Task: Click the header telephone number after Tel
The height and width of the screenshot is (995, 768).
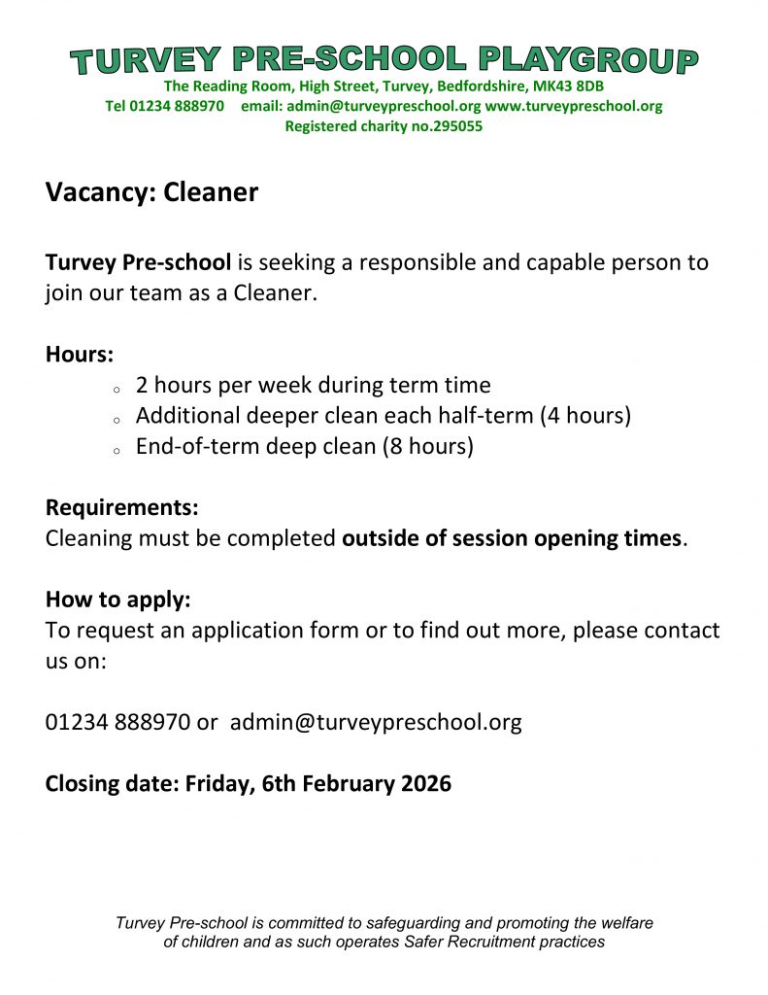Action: [178, 107]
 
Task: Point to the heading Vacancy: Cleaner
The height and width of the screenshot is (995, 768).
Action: [151, 192]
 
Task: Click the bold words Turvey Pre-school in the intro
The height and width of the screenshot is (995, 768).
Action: [138, 262]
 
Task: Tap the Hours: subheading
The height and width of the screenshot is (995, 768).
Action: [80, 354]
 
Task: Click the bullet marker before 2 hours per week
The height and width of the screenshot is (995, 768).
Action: [116, 390]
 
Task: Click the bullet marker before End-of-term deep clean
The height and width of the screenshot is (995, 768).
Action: [116, 452]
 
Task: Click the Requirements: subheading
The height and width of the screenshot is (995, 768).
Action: [121, 507]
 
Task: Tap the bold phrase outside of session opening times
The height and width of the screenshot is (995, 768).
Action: [512, 538]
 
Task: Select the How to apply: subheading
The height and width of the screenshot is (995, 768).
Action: [117, 600]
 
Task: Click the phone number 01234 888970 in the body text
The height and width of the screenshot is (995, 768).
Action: [117, 723]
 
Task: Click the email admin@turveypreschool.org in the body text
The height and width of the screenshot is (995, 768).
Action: [376, 723]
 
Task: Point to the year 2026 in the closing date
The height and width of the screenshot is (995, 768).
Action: [425, 783]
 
